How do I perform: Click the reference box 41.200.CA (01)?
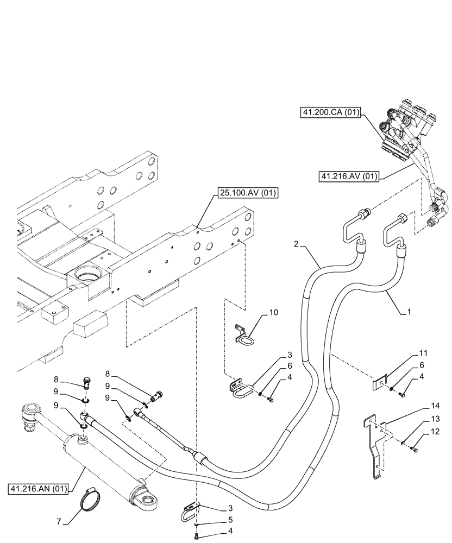point(330,113)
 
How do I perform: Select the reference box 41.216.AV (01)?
point(349,175)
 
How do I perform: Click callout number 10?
point(273,313)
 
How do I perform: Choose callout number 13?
point(422,419)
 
